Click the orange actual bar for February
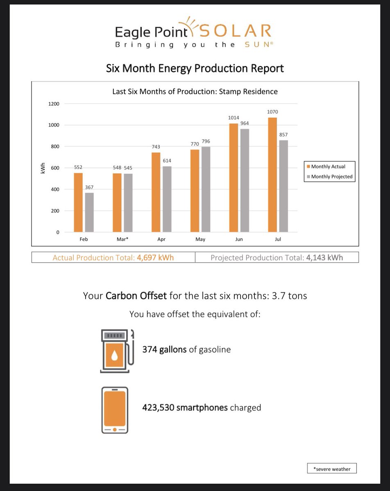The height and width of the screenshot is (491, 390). pos(78,203)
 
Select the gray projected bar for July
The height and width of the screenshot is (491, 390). pos(283,186)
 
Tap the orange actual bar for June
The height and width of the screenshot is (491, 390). pos(234,178)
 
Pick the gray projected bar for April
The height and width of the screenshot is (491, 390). pos(167,199)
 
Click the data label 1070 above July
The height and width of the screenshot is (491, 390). pos(272,112)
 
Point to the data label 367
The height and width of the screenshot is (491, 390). pos(89,187)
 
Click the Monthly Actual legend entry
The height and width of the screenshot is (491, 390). pos(328,167)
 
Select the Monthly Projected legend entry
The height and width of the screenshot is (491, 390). pos(329,177)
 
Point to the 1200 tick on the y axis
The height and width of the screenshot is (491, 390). pos(54,104)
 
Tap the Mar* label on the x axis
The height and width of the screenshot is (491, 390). pos(122,239)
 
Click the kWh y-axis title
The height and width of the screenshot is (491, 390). pos(42,168)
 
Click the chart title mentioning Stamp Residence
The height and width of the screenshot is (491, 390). pos(195,92)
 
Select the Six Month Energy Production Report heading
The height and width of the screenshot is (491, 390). pos(195,68)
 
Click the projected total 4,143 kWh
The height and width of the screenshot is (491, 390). pos(324,258)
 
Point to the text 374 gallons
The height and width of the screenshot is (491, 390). pos(164,349)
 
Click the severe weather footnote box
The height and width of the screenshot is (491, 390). pos(332,469)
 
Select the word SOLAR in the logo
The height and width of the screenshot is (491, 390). pos(236,31)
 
